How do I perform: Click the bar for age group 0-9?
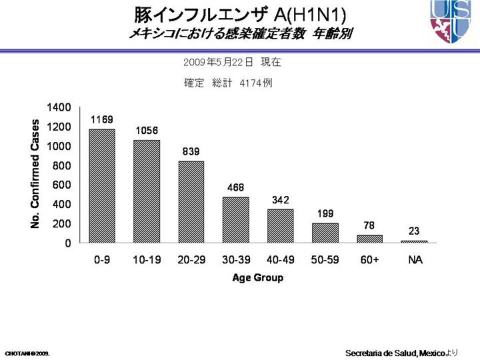point(102,186)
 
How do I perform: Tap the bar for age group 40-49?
point(281,226)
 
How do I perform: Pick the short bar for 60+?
point(370,239)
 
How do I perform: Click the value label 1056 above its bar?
point(147,131)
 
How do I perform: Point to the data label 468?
point(236,188)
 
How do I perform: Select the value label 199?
point(325,213)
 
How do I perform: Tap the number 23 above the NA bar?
point(415,231)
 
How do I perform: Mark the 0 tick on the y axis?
point(68,243)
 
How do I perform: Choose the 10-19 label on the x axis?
point(147,261)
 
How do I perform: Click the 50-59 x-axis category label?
point(325,261)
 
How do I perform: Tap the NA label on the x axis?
point(415,261)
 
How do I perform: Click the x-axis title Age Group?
point(257,278)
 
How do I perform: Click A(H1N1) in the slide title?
point(309,15)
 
